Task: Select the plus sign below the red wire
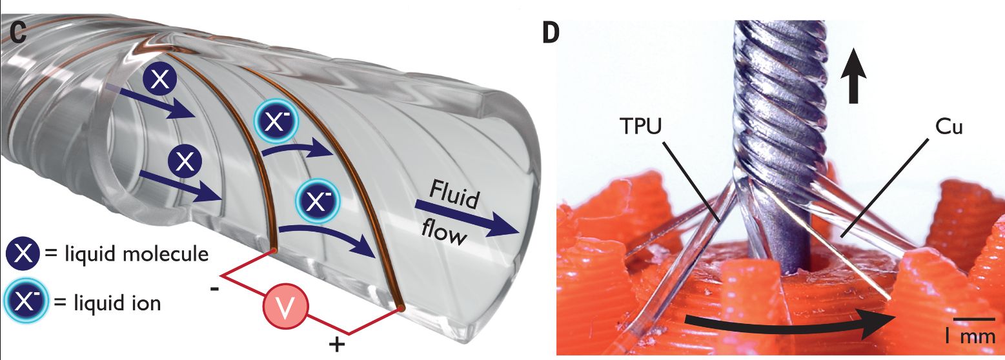[x=336, y=346]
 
